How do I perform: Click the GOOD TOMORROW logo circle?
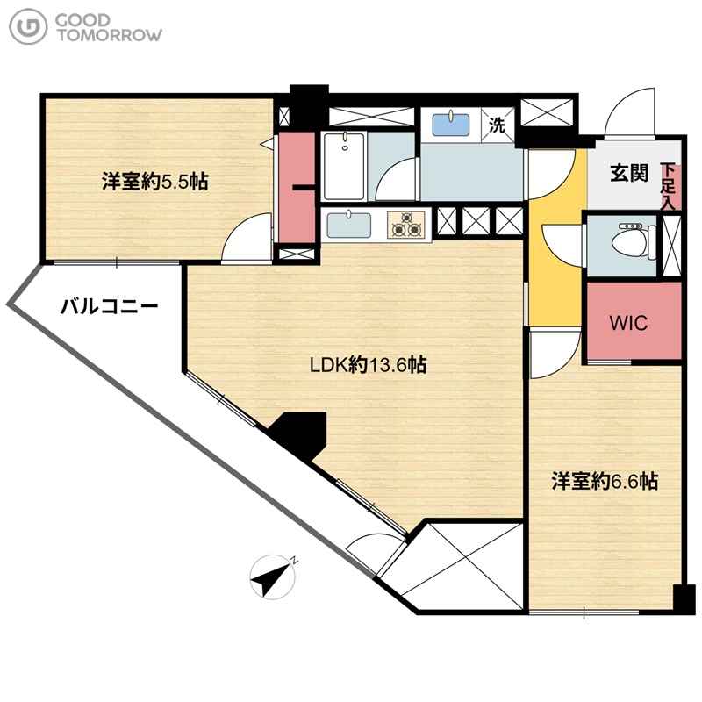(28, 27)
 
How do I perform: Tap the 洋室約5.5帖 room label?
(155, 182)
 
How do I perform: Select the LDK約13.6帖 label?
(368, 365)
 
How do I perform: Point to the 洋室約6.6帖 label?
(605, 481)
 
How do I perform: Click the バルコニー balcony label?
(109, 306)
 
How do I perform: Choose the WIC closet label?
(628, 322)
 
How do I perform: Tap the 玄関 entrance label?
(629, 173)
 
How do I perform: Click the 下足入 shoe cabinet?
(670, 186)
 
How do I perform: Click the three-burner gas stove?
(406, 225)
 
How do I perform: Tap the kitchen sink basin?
(348, 226)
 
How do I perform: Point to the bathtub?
(344, 166)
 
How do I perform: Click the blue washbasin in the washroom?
(451, 125)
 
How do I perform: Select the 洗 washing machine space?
(497, 125)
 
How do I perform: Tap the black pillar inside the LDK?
(299, 435)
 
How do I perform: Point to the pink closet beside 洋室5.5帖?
(297, 187)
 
